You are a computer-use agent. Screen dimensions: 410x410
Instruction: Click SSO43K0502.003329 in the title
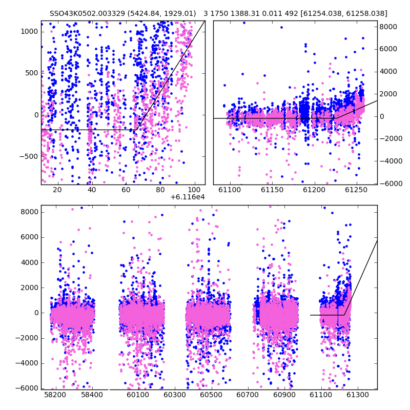87,13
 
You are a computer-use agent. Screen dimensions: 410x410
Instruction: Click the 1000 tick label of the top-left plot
29,32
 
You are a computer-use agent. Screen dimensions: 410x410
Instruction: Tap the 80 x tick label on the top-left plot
160,190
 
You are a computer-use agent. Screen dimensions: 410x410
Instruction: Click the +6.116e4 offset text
187,197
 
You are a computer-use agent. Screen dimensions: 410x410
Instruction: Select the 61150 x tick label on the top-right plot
272,190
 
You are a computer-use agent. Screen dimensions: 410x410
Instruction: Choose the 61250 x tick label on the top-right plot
356,190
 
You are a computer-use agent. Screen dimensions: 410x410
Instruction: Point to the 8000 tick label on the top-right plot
388,27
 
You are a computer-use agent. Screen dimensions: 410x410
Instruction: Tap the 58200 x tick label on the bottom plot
55,395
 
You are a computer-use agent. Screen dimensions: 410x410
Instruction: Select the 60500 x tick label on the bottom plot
211,395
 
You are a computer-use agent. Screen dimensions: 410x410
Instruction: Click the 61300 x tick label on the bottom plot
357,395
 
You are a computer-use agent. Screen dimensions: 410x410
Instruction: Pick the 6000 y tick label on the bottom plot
29,237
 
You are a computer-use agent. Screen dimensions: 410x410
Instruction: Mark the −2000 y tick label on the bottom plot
27,338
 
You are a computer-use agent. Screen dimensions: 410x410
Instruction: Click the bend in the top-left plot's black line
136,130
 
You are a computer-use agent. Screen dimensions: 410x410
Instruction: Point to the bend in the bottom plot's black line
344,315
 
